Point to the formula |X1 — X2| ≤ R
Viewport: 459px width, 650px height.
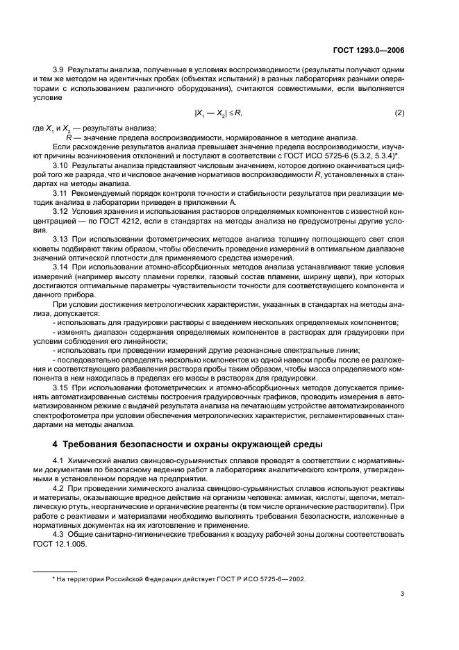tap(219, 112)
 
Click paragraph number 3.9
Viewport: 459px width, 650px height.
tap(60, 72)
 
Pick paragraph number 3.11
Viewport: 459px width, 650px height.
tap(61, 192)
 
